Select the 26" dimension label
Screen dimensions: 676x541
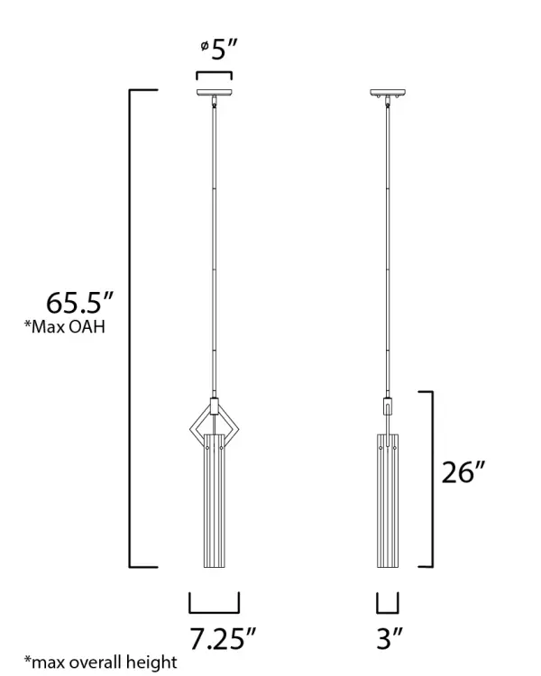pos(463,471)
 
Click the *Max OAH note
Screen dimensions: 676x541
pos(65,327)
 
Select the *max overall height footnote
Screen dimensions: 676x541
pos(100,662)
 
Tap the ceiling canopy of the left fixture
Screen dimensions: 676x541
pos(215,93)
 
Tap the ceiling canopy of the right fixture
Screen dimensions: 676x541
pos(388,93)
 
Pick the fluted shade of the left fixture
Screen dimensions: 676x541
pos(215,505)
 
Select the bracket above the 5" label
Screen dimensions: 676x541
pos(215,75)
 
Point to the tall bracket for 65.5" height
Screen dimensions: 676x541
pos(132,329)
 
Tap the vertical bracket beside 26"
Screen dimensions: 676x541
pos(430,479)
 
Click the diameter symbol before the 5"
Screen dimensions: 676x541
pos(205,45)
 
